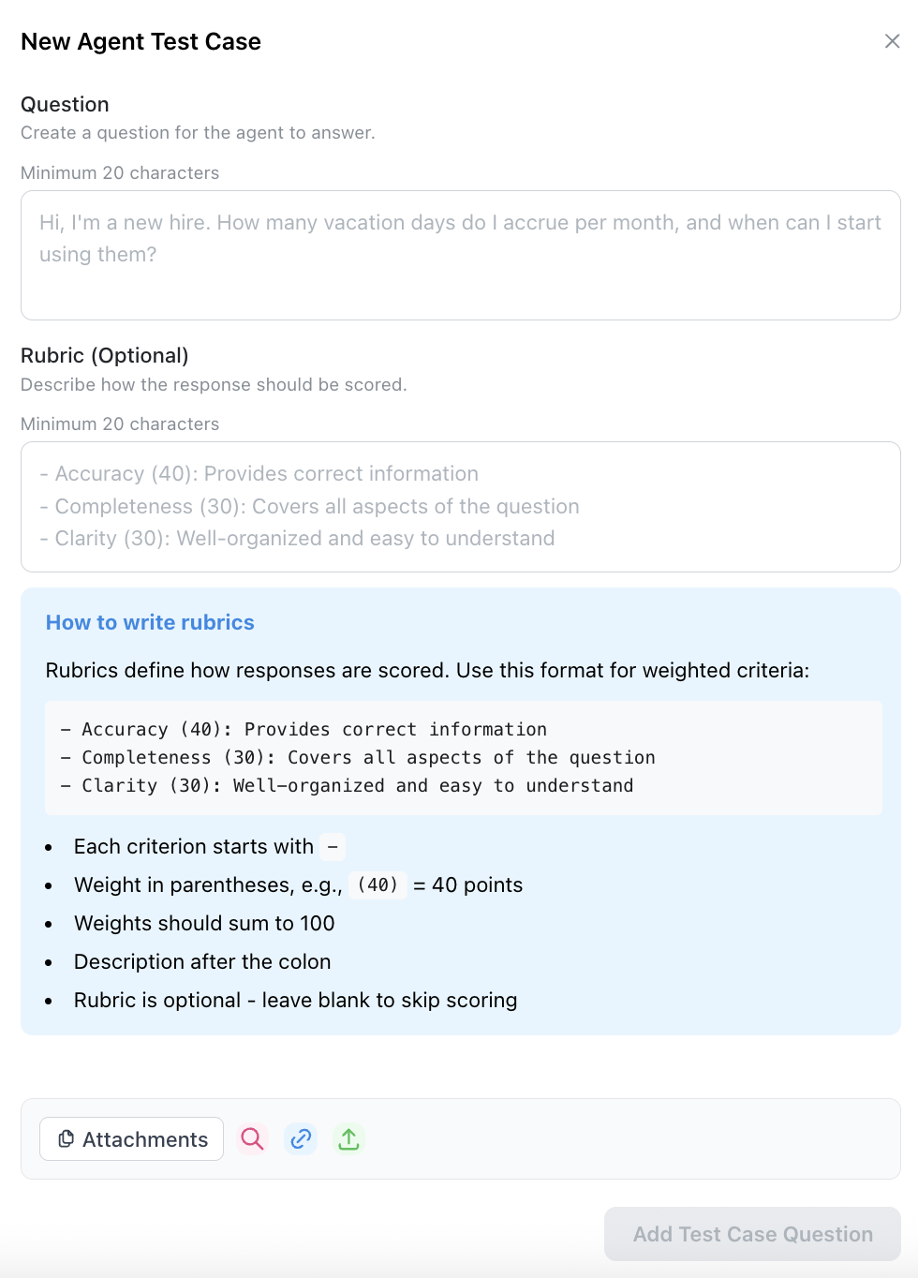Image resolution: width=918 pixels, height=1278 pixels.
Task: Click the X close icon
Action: tap(892, 41)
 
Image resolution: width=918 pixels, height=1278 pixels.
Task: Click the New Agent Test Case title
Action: tap(141, 42)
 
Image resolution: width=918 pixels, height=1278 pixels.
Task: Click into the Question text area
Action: tap(460, 255)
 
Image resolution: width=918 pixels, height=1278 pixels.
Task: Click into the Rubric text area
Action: tap(460, 506)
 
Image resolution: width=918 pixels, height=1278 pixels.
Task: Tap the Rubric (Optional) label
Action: tap(104, 355)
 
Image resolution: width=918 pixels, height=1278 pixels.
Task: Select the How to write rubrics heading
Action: tap(150, 623)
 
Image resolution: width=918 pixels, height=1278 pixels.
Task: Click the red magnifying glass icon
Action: tap(252, 1138)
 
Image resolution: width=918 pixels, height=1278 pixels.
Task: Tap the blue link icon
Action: tap(301, 1138)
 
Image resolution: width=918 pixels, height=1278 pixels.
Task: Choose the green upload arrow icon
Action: tap(348, 1138)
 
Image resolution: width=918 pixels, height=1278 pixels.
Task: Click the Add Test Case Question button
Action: tap(752, 1234)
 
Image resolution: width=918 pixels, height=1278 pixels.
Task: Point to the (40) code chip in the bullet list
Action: tap(378, 885)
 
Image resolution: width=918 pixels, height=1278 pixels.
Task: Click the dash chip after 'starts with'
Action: tap(333, 847)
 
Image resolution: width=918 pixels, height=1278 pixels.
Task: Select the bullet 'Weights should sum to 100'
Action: tap(204, 924)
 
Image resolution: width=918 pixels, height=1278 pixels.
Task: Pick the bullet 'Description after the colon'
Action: tap(202, 962)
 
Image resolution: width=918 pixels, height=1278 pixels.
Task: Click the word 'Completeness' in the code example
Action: tap(146, 758)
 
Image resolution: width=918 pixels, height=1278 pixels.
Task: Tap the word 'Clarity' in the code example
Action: tap(119, 786)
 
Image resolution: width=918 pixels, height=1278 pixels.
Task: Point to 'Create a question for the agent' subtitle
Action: tap(198, 133)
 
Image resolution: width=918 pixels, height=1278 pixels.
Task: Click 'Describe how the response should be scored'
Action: tap(214, 385)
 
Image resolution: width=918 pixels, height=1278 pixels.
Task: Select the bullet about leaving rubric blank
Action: tap(295, 1001)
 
